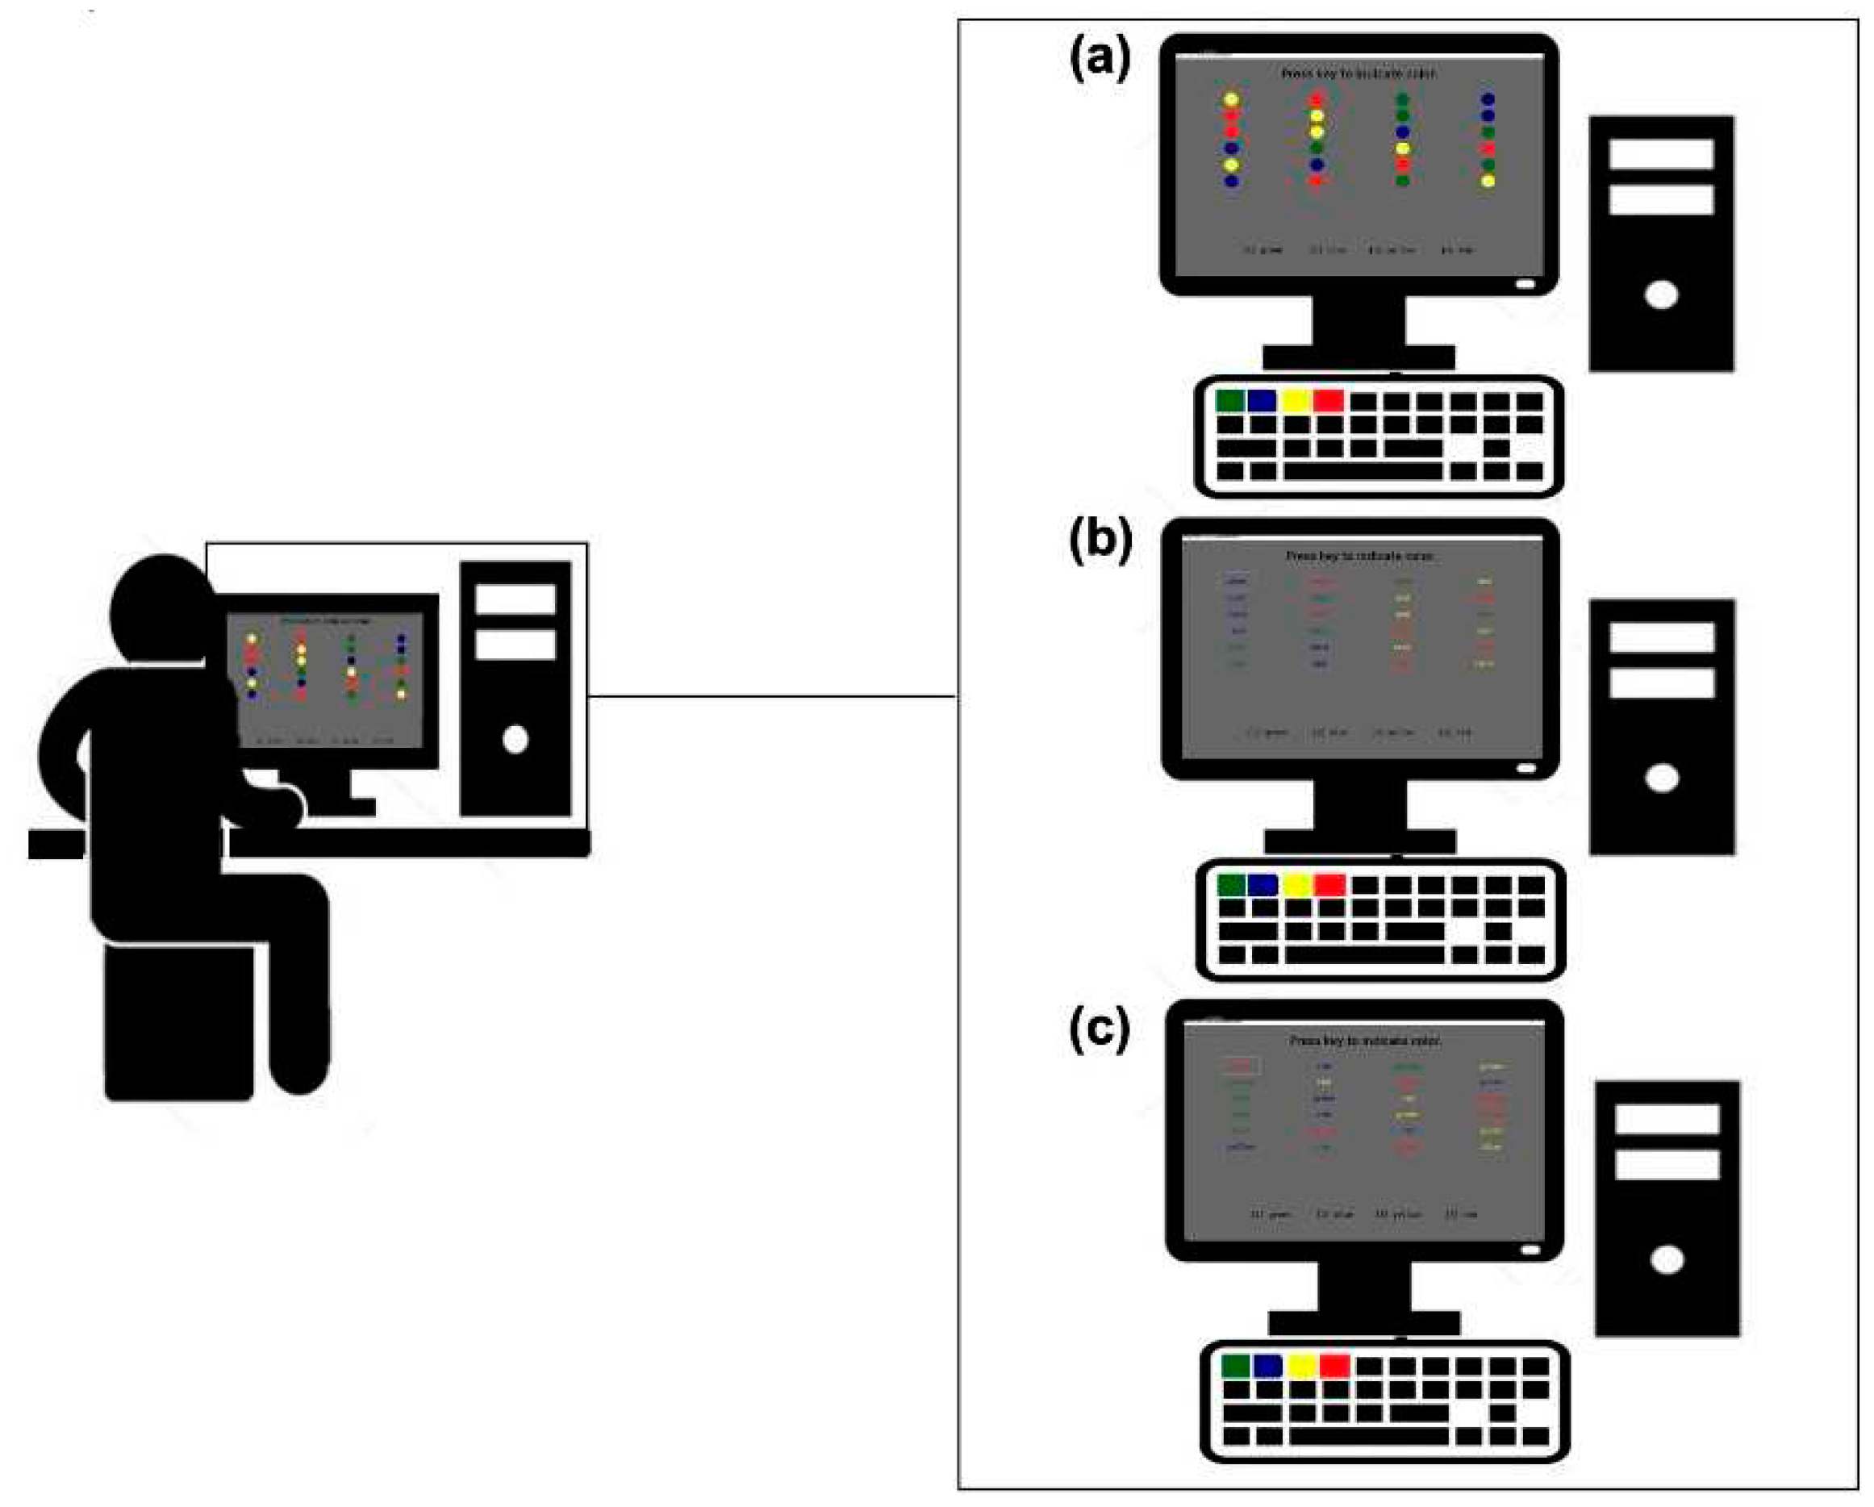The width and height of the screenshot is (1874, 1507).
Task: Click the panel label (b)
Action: pyautogui.click(x=1100, y=541)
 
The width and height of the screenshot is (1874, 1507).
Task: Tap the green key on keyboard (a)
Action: pyautogui.click(x=1230, y=401)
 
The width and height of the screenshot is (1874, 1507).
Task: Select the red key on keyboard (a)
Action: pyautogui.click(x=1328, y=401)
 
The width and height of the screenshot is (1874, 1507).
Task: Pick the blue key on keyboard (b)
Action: pyautogui.click(x=1263, y=885)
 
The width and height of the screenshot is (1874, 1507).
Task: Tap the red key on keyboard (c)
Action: pyautogui.click(x=1334, y=1365)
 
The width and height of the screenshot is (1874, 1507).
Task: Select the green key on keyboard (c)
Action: pyautogui.click(x=1235, y=1365)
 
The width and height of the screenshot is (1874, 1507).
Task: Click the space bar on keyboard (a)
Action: pyautogui.click(x=1362, y=471)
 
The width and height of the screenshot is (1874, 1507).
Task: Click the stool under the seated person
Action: pyautogui.click(x=179, y=1022)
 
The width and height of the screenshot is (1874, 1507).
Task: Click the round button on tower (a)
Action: pyautogui.click(x=1661, y=295)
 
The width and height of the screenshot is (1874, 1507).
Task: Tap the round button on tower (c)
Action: pyautogui.click(x=1666, y=1260)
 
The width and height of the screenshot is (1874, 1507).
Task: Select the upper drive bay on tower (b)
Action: pyautogui.click(x=1661, y=637)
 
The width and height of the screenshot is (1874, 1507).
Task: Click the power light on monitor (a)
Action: pyautogui.click(x=1525, y=283)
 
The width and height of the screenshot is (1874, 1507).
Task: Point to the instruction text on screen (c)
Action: pyautogui.click(x=1365, y=1041)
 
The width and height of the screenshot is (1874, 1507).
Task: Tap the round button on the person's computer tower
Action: pyautogui.click(x=515, y=740)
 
